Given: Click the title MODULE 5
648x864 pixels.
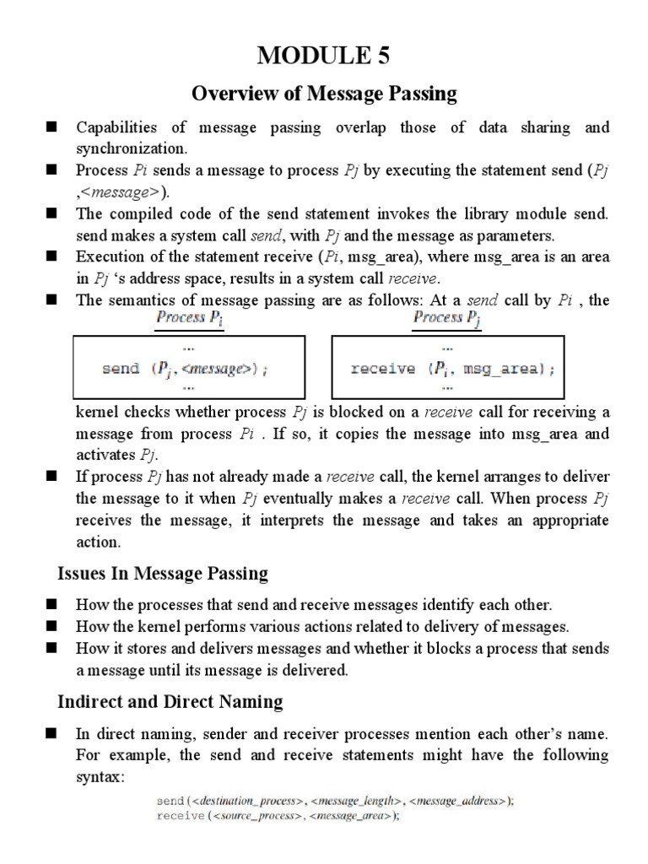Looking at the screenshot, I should (x=325, y=56).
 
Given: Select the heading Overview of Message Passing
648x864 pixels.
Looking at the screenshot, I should (x=325, y=94).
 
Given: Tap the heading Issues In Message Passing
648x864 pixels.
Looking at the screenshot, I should (x=162, y=574).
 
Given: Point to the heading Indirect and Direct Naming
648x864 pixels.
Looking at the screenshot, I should (x=170, y=701).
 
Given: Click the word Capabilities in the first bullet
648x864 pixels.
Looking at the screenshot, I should (x=116, y=128).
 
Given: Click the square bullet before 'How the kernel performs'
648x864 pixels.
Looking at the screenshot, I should (x=51, y=626).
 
